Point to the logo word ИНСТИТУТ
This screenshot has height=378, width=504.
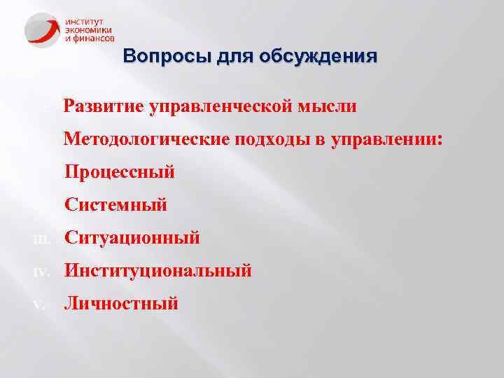tap(85, 22)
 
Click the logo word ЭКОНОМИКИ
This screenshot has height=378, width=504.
tap(89, 30)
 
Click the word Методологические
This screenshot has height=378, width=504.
tap(146, 139)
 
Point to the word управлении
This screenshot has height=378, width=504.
tap(383, 139)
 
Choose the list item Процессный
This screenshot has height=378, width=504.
tap(119, 171)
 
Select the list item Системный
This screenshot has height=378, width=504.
tap(115, 205)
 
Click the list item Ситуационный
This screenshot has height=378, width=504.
tap(132, 238)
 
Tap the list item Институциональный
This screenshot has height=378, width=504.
tap(157, 270)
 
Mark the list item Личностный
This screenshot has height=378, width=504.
tap(121, 303)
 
